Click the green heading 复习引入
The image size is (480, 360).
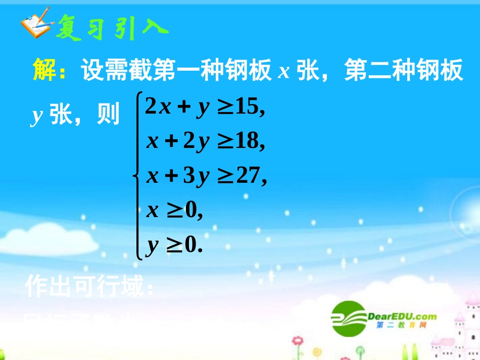[x=111, y=25]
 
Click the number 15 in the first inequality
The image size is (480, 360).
[x=248, y=107]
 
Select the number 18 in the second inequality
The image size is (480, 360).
[x=248, y=142]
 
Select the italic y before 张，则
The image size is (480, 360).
[x=36, y=116]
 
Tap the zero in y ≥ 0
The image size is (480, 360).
[x=190, y=246]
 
